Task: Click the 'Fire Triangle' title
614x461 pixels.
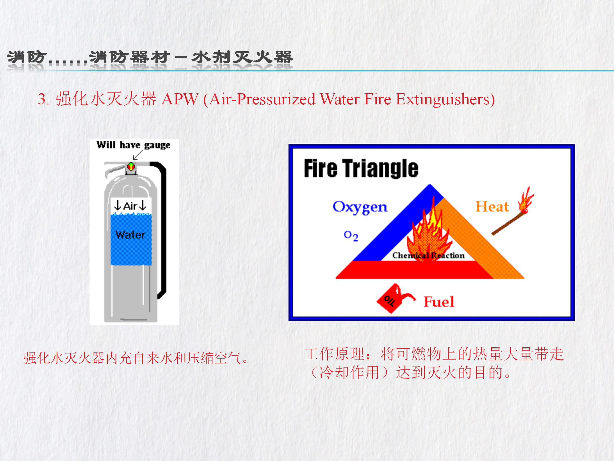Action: [x=361, y=169]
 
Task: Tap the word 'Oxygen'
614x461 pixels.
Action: [x=360, y=207]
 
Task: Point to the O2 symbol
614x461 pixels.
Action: [x=351, y=236]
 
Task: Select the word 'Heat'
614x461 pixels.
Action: [x=492, y=206]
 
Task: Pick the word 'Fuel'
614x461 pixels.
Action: [x=439, y=302]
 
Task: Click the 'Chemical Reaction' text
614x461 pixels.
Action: [x=429, y=255]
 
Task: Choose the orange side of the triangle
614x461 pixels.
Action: [x=480, y=240]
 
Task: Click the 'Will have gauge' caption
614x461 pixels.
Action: [x=133, y=145]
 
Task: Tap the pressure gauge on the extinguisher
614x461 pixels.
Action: [x=131, y=166]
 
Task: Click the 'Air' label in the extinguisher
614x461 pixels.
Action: [x=130, y=206]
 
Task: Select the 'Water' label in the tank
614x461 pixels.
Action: [x=130, y=235]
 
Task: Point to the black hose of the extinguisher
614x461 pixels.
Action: [x=161, y=224]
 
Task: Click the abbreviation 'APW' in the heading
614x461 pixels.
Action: [x=180, y=99]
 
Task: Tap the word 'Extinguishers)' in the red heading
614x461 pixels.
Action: [x=445, y=100]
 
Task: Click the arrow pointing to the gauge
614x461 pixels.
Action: [x=138, y=155]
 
